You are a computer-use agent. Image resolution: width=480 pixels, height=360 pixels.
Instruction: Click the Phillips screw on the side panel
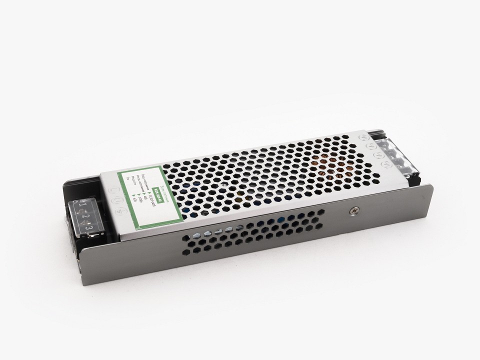(x=353, y=211)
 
